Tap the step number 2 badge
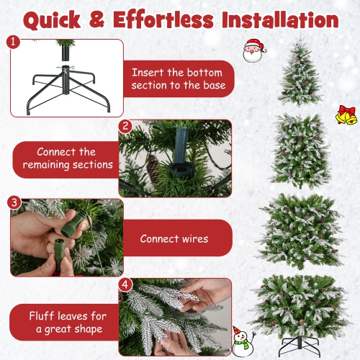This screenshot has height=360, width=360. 125,126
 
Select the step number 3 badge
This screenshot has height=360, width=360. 14,202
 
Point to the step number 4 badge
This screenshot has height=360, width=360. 125,284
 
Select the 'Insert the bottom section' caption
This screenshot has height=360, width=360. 179,79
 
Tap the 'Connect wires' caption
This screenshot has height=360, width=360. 174,238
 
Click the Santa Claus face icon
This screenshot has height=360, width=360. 253,52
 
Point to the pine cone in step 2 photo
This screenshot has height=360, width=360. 153,168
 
